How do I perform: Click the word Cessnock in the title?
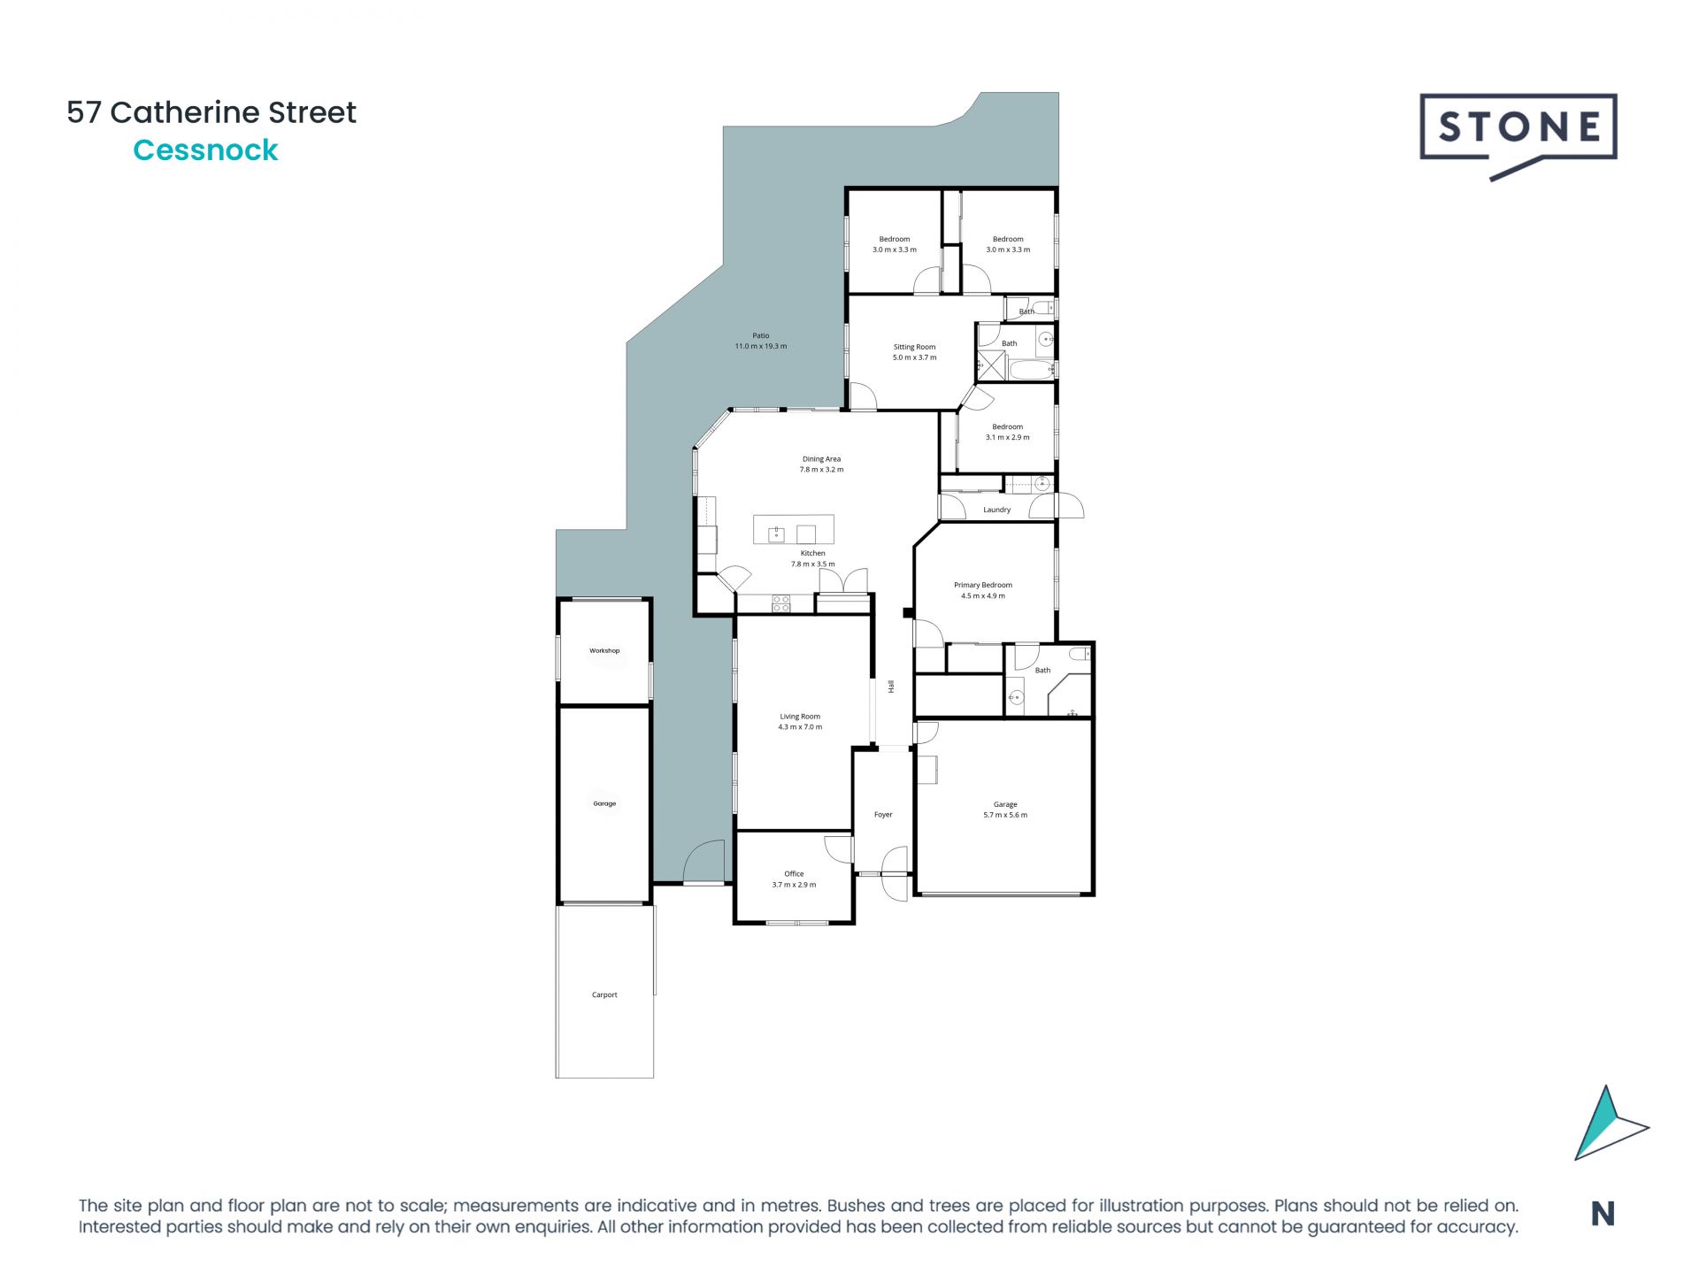tap(205, 150)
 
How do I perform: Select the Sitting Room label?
tap(914, 347)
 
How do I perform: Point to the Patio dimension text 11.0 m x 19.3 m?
tap(760, 347)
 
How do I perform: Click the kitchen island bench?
tap(793, 530)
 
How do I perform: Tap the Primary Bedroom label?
tap(982, 585)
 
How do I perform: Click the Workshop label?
tap(604, 651)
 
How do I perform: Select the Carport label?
tap(604, 994)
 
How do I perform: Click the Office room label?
tap(794, 874)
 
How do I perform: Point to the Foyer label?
tap(883, 815)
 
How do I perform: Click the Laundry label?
tap(996, 510)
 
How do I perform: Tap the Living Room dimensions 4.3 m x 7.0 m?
tap(800, 727)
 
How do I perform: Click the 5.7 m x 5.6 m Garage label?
tap(1004, 810)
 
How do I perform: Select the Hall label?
tap(891, 687)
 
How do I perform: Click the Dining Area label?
tap(821, 459)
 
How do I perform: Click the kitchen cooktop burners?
tap(780, 604)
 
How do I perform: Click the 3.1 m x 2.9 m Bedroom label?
tap(1007, 432)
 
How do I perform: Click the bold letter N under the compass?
tap(1603, 1214)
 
